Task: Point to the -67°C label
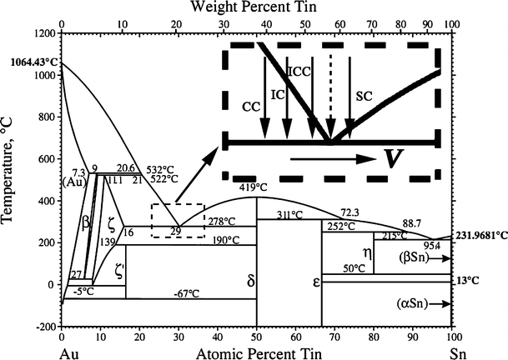185,293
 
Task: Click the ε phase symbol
316,282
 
